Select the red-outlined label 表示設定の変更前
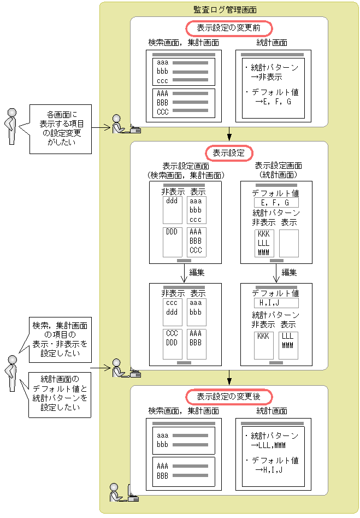click(x=229, y=28)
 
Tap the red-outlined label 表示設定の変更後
click(x=229, y=396)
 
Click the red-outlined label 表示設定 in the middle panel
click(x=229, y=152)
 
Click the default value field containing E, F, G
click(x=276, y=203)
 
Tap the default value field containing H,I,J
click(x=276, y=303)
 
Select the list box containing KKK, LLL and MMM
click(x=264, y=243)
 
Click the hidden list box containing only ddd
click(x=173, y=210)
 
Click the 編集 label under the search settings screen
click(x=197, y=272)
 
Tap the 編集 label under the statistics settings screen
click(x=289, y=272)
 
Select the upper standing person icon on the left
click(x=10, y=126)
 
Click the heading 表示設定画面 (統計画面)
click(x=276, y=170)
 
